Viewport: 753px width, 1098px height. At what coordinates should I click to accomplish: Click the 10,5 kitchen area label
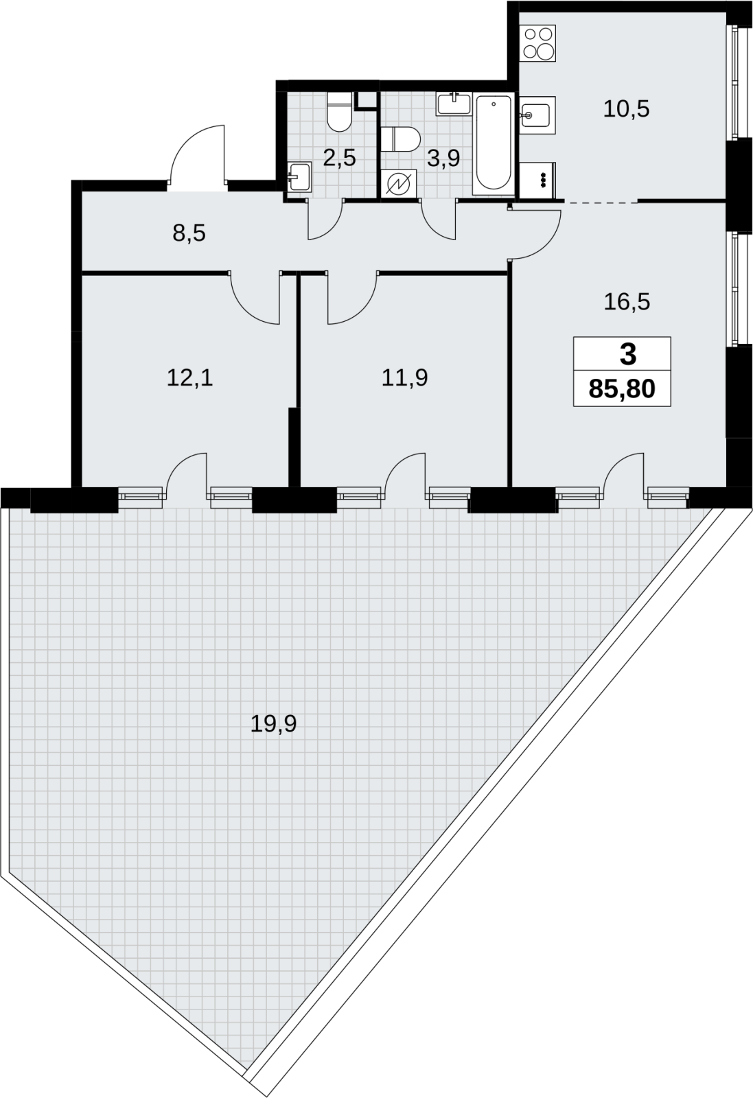tap(626, 109)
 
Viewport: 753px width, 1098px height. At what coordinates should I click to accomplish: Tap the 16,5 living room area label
tap(627, 301)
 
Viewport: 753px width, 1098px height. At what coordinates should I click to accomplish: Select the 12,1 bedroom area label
tap(189, 378)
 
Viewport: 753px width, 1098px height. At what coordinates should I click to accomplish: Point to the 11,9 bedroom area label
tap(404, 378)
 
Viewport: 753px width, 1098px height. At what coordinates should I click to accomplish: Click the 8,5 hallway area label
tap(189, 233)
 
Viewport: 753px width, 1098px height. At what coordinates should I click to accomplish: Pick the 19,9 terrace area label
tap(274, 723)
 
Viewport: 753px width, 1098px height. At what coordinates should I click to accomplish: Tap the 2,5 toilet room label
tap(339, 158)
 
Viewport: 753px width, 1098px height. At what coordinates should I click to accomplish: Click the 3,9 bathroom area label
tap(443, 158)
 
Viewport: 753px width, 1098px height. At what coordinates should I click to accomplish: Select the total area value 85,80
tap(622, 389)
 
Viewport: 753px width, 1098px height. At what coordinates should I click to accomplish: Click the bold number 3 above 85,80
tap(628, 354)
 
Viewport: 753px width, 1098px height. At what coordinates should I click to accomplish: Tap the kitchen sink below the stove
tap(537, 115)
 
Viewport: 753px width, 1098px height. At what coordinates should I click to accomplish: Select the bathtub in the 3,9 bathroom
tap(493, 143)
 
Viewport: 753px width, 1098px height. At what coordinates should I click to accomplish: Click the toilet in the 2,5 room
tap(339, 111)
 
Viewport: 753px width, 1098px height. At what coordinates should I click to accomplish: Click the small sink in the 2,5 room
tap(299, 178)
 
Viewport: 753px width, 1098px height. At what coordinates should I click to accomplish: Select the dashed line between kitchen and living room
tap(601, 201)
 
